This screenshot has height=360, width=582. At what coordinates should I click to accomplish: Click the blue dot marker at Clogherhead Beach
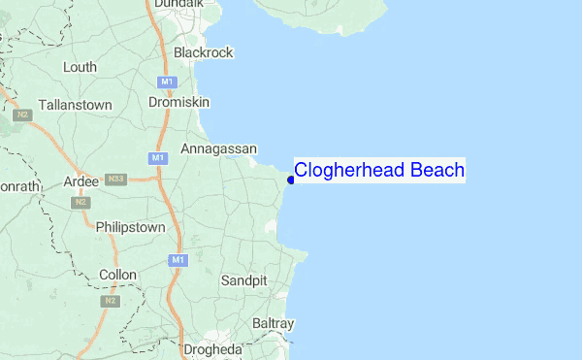point(291,180)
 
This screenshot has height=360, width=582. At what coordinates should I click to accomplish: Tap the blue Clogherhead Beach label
point(379,171)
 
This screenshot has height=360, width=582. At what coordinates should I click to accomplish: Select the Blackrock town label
point(203,52)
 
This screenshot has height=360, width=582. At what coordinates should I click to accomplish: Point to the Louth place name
point(80,67)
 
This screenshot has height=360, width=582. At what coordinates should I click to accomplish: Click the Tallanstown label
point(75,104)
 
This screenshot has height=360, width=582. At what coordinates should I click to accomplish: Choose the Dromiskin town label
point(178,100)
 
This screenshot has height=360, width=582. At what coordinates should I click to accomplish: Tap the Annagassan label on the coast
point(218,148)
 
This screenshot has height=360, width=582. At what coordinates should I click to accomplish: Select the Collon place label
point(118,275)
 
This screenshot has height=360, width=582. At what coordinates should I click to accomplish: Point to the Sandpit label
point(243,279)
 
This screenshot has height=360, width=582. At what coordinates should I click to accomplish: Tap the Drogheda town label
point(211,349)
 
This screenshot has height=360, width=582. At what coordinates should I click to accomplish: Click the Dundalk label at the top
point(179,4)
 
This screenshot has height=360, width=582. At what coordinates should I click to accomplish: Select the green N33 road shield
point(116,180)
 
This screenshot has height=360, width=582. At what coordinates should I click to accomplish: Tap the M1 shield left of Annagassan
point(157,157)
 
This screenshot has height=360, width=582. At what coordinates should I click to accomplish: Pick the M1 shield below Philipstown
point(177,260)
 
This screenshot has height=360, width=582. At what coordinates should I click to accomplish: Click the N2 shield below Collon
point(110,301)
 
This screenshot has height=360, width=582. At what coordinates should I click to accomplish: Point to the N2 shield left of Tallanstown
point(22,115)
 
